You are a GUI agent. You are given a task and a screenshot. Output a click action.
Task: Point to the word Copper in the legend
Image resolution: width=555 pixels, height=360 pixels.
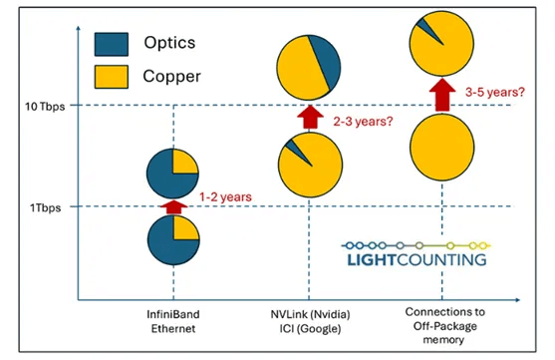[x=172, y=76]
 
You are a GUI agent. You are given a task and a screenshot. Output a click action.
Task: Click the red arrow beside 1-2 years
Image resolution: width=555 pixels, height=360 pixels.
[x=174, y=206]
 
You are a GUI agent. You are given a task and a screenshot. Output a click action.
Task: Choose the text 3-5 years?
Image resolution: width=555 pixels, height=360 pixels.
[x=494, y=91]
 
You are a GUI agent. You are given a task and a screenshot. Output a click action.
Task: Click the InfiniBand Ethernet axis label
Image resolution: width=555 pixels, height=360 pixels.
[x=174, y=326]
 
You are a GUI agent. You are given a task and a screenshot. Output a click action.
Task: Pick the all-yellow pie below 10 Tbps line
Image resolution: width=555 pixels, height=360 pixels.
[x=439, y=151]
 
